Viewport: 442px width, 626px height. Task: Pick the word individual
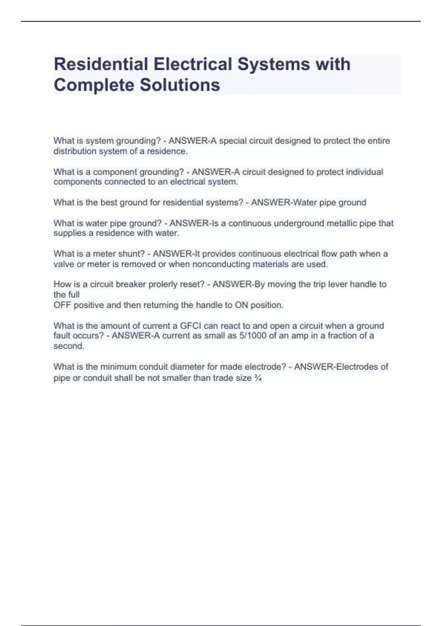(364, 172)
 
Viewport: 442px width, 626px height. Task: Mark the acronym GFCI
(190, 326)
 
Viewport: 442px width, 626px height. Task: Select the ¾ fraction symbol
(258, 378)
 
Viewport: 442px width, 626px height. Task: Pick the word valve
(64, 264)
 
